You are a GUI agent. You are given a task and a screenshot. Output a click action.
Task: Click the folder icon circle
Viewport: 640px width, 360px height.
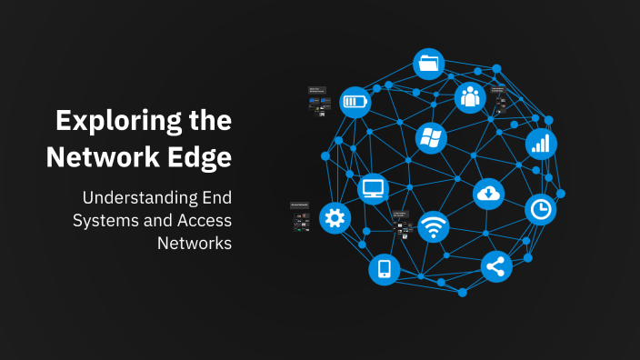coord(429,65)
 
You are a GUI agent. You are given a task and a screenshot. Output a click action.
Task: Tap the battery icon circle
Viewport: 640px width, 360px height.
coord(355,101)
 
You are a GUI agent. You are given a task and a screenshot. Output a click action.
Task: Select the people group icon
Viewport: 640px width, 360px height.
coord(469,96)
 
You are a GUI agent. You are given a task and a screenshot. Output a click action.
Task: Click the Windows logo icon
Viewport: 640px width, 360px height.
coord(430,138)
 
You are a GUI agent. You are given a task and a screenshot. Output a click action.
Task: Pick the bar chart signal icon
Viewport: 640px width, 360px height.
coord(541,144)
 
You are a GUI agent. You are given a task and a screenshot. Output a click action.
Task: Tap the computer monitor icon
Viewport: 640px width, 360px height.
coord(374,188)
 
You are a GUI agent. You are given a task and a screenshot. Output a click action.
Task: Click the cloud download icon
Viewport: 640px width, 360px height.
coord(488,193)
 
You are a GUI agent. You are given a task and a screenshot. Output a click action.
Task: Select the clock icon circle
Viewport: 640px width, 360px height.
coord(541,209)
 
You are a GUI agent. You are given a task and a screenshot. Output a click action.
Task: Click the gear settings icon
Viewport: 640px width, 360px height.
coord(335,217)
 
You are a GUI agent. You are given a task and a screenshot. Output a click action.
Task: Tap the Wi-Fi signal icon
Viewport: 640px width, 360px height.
coord(433,227)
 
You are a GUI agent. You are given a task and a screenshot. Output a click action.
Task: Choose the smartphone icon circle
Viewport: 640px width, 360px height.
coord(384,268)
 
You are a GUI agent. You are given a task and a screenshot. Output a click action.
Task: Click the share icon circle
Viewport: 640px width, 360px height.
coord(496,266)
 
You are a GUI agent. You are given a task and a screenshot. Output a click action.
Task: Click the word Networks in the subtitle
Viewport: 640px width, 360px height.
coord(195,243)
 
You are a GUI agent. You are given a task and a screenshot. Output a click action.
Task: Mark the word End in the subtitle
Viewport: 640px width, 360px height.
coord(215,197)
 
